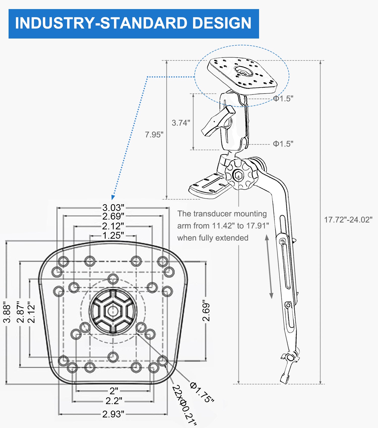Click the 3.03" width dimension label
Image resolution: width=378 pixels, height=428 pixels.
click(x=113, y=208)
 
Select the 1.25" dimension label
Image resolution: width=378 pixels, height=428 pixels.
click(x=113, y=235)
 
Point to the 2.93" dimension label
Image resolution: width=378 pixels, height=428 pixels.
click(x=113, y=414)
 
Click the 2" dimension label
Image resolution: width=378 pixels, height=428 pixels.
click(x=114, y=391)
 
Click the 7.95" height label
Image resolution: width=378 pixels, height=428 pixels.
click(x=154, y=134)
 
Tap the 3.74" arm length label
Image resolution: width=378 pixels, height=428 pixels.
click(x=181, y=123)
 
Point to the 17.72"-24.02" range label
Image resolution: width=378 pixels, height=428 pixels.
click(x=348, y=220)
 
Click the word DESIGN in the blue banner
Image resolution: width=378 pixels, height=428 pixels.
click(x=222, y=23)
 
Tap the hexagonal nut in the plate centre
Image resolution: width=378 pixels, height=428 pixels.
click(x=113, y=311)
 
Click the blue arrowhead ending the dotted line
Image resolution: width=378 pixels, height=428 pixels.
click(x=113, y=197)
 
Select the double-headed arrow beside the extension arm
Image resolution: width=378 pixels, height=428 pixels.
click(x=269, y=267)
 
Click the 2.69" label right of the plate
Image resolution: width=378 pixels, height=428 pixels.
click(x=206, y=311)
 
